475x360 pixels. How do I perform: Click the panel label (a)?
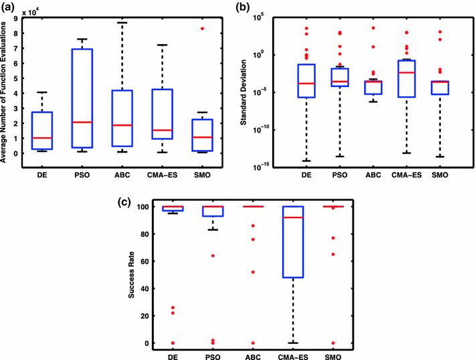9,7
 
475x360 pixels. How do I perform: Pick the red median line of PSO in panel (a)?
82,122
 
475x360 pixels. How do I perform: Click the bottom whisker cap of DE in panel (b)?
306,161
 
